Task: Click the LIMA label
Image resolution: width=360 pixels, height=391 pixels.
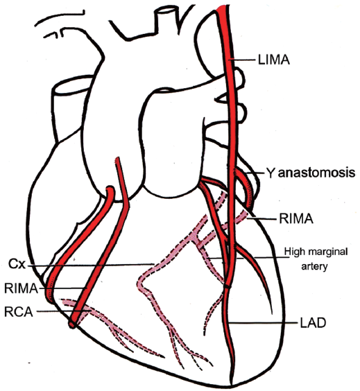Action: [274, 60]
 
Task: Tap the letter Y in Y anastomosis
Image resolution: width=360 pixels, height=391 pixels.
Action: [271, 173]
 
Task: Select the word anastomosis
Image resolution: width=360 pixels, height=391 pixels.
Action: [317, 173]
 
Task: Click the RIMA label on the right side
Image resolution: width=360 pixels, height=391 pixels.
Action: [296, 218]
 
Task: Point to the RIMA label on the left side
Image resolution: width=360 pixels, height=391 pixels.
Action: [21, 288]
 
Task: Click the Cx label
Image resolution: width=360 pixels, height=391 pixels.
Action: [17, 264]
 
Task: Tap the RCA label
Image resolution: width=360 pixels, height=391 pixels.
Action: [19, 312]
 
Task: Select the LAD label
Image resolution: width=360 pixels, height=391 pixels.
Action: [313, 323]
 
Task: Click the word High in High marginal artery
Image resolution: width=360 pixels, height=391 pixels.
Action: [295, 252]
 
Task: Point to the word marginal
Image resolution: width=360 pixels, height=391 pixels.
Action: [327, 252]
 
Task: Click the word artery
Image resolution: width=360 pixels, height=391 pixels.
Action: [314, 266]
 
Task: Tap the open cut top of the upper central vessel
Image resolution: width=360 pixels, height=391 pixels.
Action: [164, 10]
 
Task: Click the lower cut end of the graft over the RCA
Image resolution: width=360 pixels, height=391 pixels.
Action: [72, 324]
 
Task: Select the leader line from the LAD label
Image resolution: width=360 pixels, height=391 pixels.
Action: [264, 322]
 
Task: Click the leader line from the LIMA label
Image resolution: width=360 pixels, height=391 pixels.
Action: [243, 60]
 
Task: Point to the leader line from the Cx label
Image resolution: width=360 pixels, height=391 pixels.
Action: [90, 265]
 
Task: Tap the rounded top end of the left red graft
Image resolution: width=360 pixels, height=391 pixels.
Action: [110, 189]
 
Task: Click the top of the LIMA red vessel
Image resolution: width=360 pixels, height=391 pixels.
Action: [223, 8]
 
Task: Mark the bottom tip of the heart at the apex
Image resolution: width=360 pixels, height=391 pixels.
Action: [232, 385]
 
